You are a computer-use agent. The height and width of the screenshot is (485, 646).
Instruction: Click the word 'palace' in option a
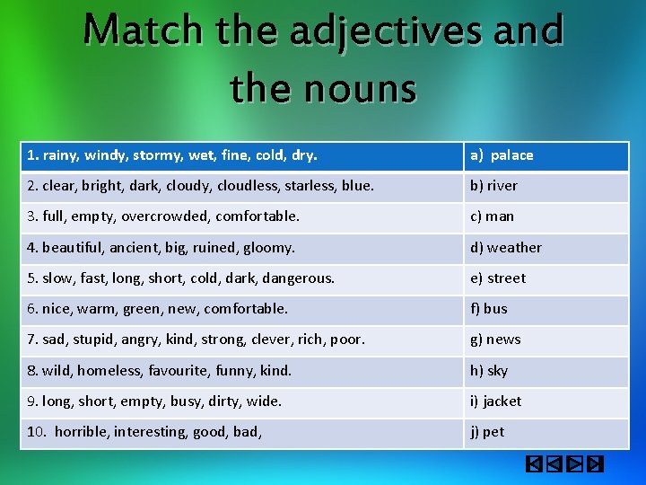tap(511, 155)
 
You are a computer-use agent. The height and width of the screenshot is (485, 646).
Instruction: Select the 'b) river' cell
tap(494, 186)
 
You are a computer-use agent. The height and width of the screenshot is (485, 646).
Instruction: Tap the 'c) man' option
tap(493, 216)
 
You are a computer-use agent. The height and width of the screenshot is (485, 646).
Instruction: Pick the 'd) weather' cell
tap(506, 248)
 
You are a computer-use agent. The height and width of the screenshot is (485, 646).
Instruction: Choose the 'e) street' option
tap(498, 278)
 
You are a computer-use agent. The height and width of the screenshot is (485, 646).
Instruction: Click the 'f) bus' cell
tap(489, 309)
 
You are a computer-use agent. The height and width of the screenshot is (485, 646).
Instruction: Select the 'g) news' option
tap(495, 339)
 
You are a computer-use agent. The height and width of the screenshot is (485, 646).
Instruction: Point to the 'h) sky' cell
tap(489, 370)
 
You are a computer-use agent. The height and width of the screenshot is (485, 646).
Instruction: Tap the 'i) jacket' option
tap(495, 401)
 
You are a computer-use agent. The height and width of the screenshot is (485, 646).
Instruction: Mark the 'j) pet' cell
tap(487, 432)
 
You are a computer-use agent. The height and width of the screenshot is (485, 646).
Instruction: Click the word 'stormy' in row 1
tap(157, 155)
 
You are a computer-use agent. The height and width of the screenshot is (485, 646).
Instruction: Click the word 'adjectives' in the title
tap(392, 32)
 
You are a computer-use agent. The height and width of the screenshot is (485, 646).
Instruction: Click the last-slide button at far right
tap(594, 464)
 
